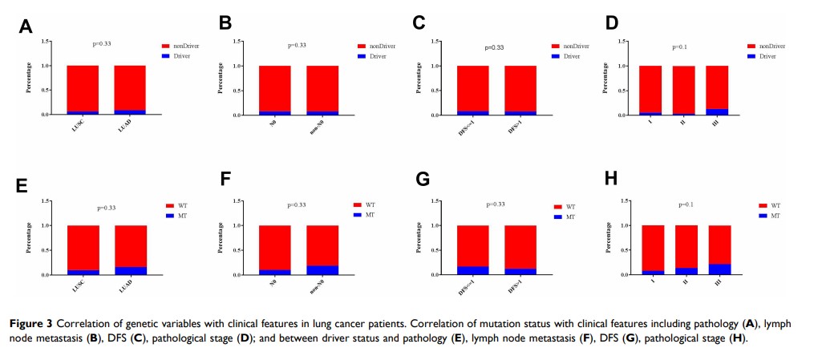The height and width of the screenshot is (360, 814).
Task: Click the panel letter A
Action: [26, 26]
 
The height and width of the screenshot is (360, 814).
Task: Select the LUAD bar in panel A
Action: [130, 90]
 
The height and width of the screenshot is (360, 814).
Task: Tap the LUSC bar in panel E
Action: [83, 249]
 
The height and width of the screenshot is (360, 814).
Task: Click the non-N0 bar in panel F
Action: [322, 249]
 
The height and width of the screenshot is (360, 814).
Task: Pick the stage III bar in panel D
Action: [717, 90]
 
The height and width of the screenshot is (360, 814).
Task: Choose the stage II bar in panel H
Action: [686, 249]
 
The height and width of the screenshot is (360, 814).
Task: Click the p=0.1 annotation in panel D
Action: [679, 47]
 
